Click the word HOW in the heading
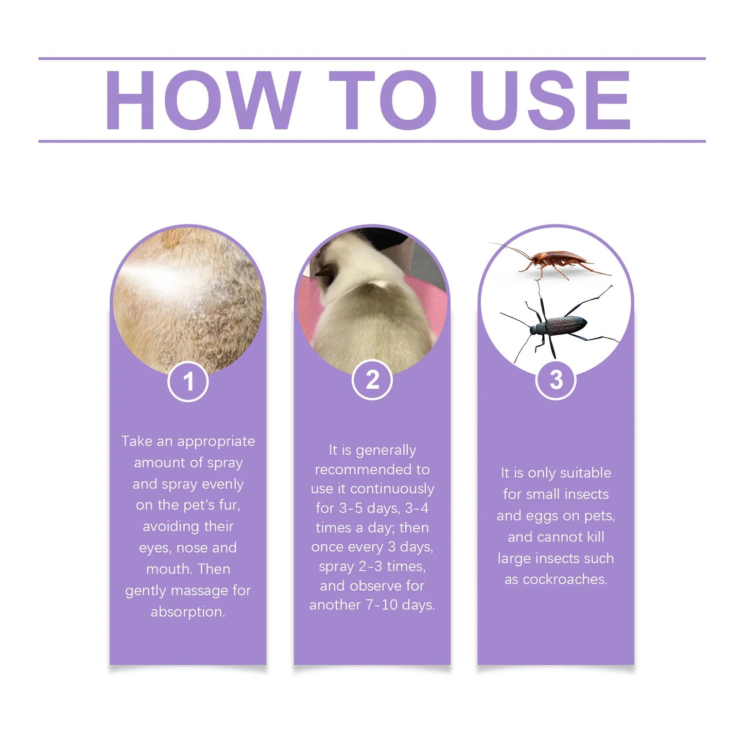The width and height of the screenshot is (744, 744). click(x=202, y=100)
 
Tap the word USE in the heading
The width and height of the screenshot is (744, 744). click(x=550, y=100)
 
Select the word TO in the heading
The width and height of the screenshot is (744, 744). click(x=382, y=100)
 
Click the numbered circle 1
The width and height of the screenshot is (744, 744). click(x=188, y=382)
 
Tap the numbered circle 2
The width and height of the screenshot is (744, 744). click(x=372, y=380)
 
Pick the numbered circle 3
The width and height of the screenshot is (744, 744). click(x=556, y=380)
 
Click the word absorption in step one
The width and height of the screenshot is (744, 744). click(x=188, y=612)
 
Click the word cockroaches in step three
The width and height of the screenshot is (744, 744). click(x=565, y=579)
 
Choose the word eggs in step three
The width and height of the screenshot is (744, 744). click(x=543, y=516)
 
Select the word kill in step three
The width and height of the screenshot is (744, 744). click(x=595, y=537)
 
